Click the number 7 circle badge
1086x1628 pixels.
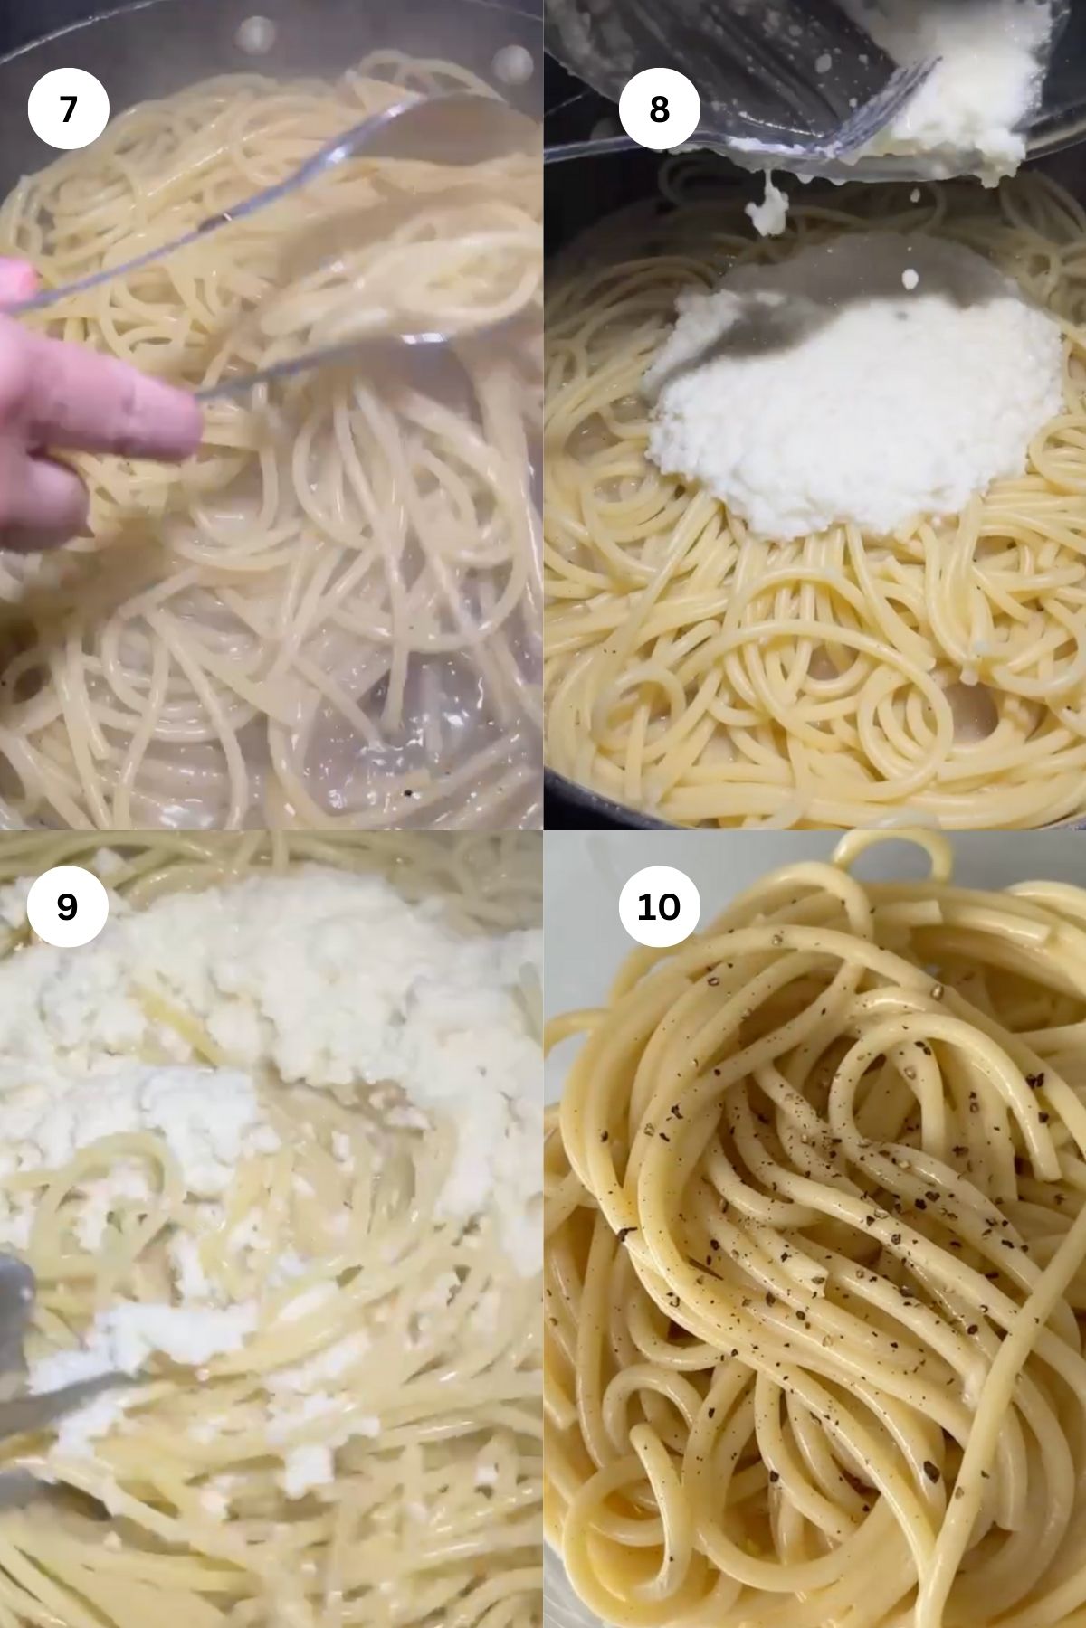coord(68,109)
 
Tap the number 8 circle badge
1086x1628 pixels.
coord(659,109)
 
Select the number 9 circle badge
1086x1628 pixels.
coord(68,905)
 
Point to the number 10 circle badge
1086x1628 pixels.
coord(659,905)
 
